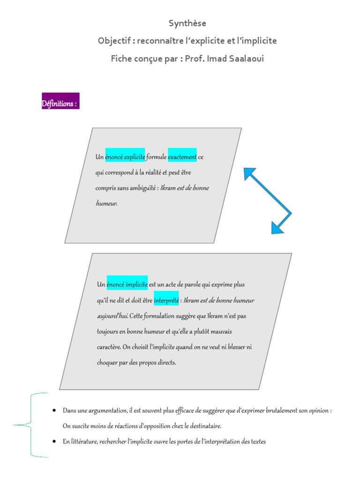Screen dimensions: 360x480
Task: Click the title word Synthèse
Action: click(x=187, y=23)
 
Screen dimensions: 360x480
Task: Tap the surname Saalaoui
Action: click(x=244, y=59)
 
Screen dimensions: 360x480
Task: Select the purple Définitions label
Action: click(x=60, y=101)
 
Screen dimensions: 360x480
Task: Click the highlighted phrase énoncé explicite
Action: click(x=125, y=157)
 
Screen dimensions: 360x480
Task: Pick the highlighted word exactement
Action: click(x=182, y=157)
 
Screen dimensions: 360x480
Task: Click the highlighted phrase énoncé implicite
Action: click(x=127, y=285)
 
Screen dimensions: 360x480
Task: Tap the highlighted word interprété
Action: click(x=166, y=300)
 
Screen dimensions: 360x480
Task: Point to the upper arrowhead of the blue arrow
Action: click(x=248, y=173)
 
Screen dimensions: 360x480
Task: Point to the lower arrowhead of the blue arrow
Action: click(x=277, y=228)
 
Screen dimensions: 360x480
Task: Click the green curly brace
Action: click(x=30, y=425)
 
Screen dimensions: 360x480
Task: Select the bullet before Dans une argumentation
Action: click(x=54, y=410)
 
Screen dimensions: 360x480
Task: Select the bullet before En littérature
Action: click(x=54, y=441)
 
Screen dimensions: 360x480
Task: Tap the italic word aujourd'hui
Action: click(x=112, y=316)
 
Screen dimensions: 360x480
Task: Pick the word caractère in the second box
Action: click(x=109, y=347)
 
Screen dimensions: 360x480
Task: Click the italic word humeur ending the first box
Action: click(x=106, y=203)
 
